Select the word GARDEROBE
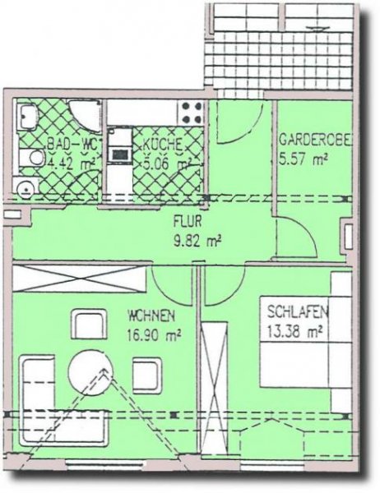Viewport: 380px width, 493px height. pos(316,140)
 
